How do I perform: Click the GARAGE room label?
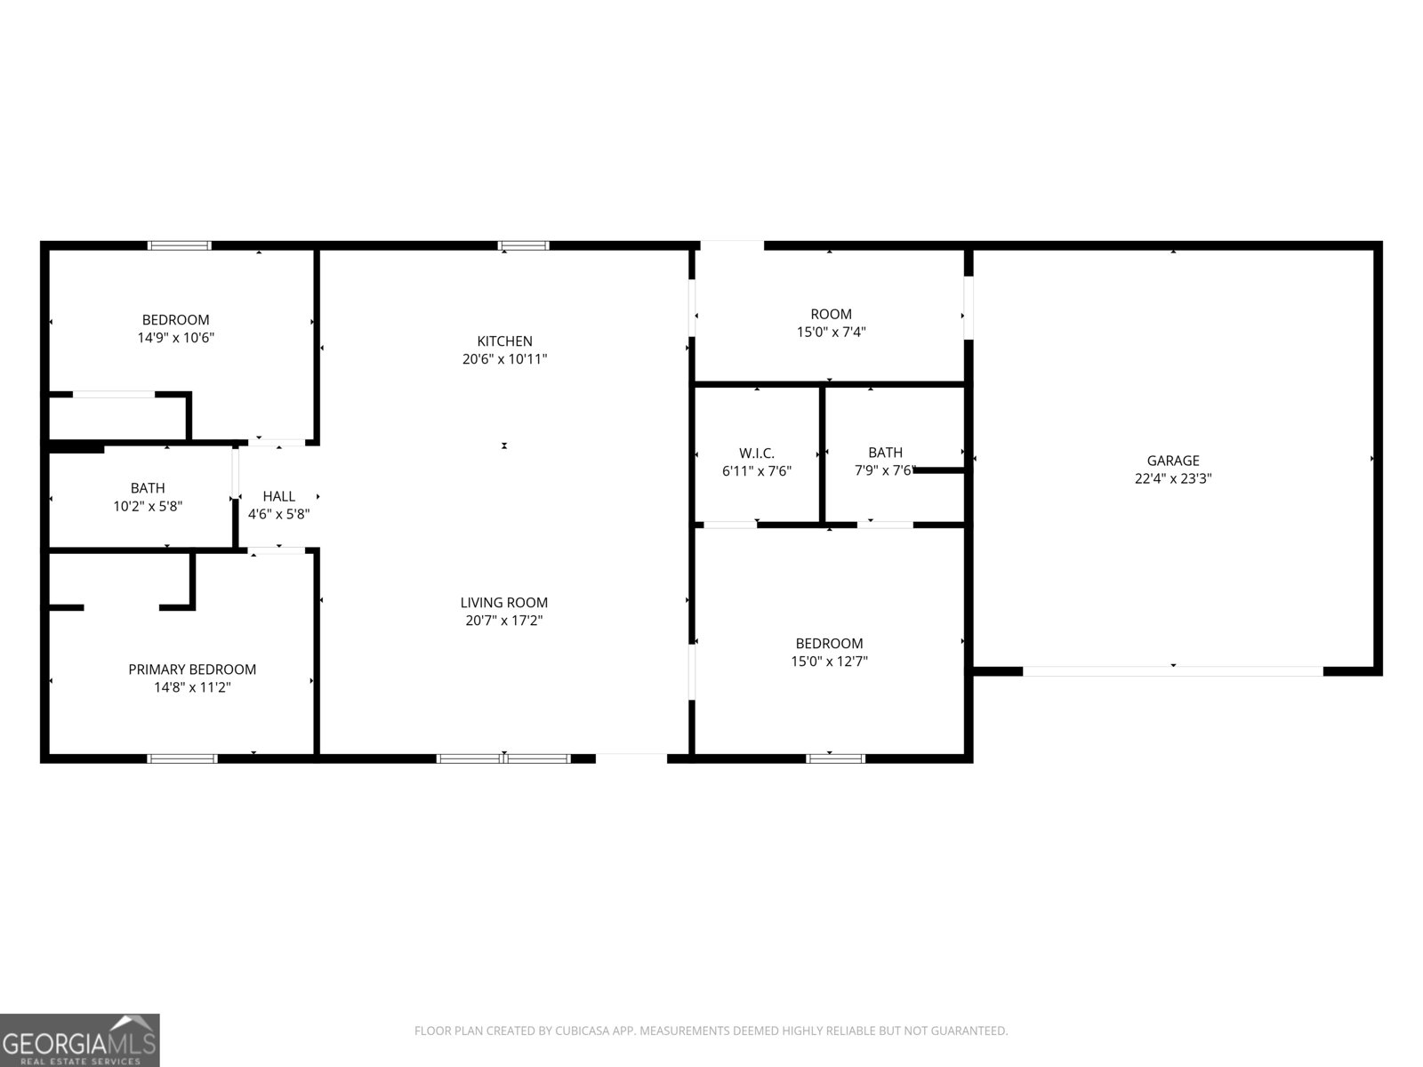pos(1173,461)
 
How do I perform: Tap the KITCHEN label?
pos(504,341)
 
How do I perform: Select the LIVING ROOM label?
pos(503,603)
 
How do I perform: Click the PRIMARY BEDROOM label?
pos(192,670)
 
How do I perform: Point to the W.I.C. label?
pos(757,453)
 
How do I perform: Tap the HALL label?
pos(278,496)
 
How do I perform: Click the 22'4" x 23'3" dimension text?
pos(1173,478)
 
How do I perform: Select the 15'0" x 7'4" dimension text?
pos(831,332)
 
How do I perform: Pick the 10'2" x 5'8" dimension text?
pos(148,506)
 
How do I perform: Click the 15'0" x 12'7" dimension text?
pos(829,662)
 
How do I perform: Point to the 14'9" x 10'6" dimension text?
pos(176,338)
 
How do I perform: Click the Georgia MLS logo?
pos(80,1039)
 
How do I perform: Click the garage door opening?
pos(1173,671)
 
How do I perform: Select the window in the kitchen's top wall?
pos(523,245)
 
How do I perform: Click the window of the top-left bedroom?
pos(180,245)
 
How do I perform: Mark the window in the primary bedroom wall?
pos(182,758)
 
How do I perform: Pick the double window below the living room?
pos(503,758)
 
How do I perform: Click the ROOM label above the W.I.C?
pos(831,314)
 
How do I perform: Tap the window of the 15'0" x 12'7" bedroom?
pos(836,758)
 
